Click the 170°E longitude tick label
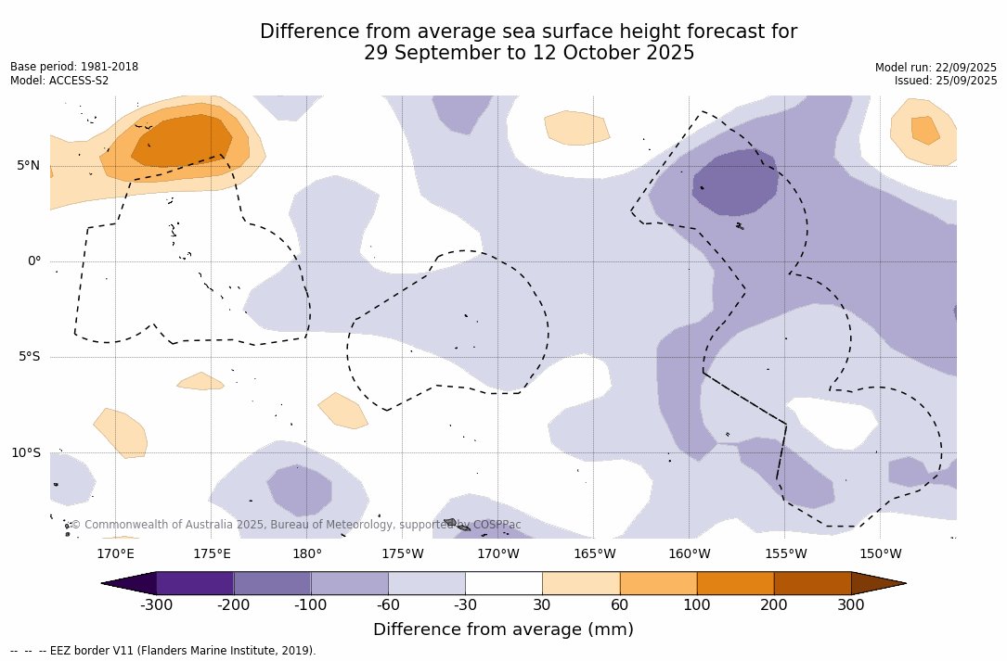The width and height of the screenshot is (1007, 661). tap(115, 554)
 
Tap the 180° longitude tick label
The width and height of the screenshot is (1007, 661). tap(307, 554)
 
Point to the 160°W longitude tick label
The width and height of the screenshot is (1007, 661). tap(690, 554)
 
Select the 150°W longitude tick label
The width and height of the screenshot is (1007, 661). tap(881, 554)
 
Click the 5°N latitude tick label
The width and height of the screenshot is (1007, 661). tap(28, 166)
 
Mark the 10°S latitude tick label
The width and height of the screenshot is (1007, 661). tap(25, 453)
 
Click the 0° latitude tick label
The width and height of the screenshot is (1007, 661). tap(34, 261)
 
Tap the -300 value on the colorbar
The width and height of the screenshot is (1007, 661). tap(156, 605)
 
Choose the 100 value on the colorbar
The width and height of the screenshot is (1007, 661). tap(697, 605)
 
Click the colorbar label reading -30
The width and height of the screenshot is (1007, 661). tap(465, 605)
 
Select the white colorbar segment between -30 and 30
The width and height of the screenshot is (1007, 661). tap(504, 583)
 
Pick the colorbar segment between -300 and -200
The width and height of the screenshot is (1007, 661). tap(195, 583)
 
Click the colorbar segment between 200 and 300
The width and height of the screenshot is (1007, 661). tap(812, 583)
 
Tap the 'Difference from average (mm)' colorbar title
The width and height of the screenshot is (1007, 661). tap(503, 630)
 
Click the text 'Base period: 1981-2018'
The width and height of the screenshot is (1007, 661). tap(74, 67)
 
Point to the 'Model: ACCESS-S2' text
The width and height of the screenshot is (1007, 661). tap(59, 81)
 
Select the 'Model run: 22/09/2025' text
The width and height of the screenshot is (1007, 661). tap(936, 68)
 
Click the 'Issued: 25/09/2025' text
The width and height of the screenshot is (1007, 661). tap(946, 81)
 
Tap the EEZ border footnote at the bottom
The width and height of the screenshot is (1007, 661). tap(163, 651)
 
